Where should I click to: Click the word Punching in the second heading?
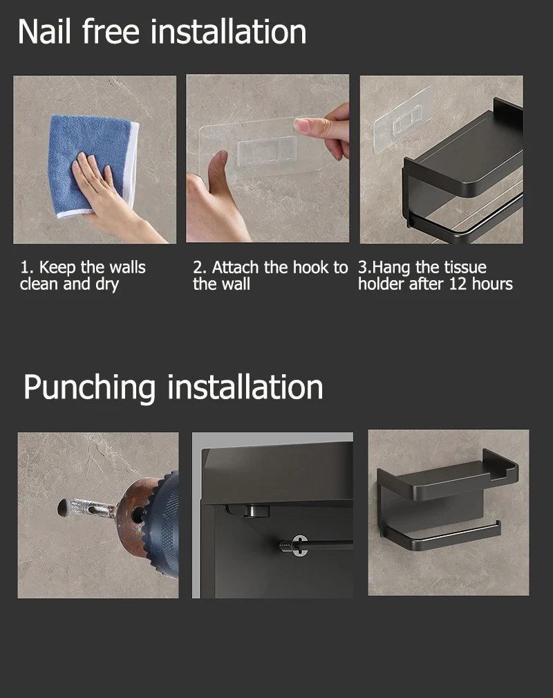coord(89,387)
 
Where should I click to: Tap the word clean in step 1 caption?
coord(39,284)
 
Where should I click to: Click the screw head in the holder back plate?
coord(299,544)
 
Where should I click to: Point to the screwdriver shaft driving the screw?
coord(328,544)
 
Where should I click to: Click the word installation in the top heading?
coord(228,32)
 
